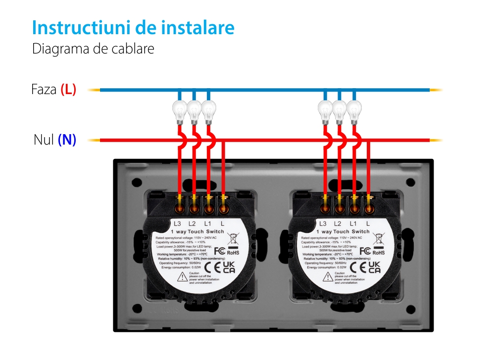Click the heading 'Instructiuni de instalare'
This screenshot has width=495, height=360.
pos(133,28)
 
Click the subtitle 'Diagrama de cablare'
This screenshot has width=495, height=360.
pos(93,50)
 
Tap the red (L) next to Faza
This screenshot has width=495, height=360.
pos(68,90)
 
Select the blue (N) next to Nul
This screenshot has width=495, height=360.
pos(67,140)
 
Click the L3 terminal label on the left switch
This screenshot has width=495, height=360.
pos(178,224)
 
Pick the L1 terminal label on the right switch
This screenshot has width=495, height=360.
pos(353,224)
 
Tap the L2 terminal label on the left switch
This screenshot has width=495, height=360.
pos(193,224)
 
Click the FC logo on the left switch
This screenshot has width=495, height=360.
pos(217,251)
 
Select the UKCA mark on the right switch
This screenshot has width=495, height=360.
pos(374,268)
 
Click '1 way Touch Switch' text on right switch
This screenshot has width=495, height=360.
pos(343,232)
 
